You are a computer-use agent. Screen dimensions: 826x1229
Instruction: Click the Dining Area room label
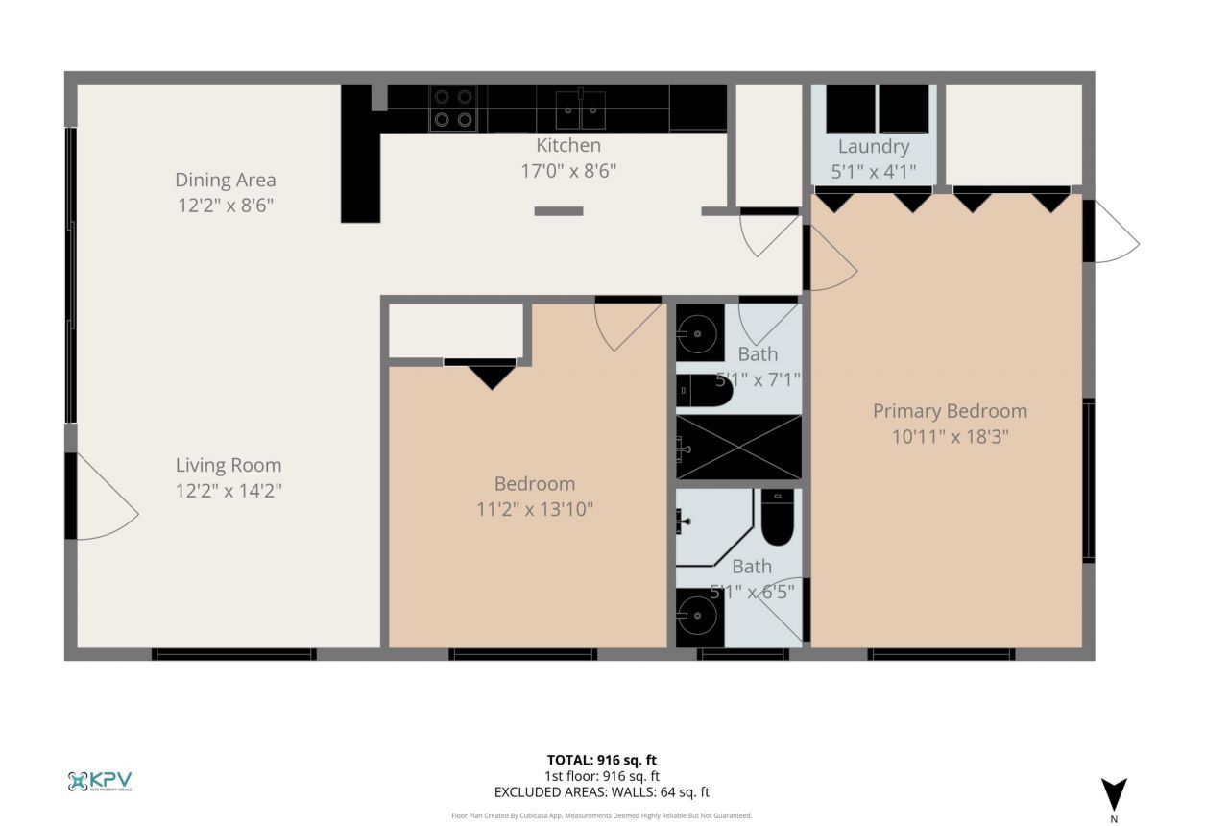tap(225, 180)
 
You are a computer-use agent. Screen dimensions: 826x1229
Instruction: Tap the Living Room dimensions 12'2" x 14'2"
tap(229, 491)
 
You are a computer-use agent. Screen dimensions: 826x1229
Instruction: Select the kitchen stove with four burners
tap(453, 108)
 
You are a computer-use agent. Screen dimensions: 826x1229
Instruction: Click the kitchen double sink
tap(581, 109)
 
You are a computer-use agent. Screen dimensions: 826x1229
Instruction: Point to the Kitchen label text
tap(568, 145)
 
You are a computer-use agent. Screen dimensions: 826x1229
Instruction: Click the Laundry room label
tap(873, 146)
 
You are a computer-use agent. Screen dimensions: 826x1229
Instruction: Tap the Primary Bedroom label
tap(950, 411)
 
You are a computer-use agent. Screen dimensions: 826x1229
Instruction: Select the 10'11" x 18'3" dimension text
tap(950, 436)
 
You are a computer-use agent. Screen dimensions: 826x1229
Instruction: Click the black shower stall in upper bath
tap(738, 447)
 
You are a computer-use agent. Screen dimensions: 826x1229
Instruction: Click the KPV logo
tap(100, 781)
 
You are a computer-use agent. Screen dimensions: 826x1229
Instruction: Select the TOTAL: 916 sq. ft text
tap(601, 760)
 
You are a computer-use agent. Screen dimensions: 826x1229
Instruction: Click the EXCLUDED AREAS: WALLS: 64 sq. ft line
tap(601, 792)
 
